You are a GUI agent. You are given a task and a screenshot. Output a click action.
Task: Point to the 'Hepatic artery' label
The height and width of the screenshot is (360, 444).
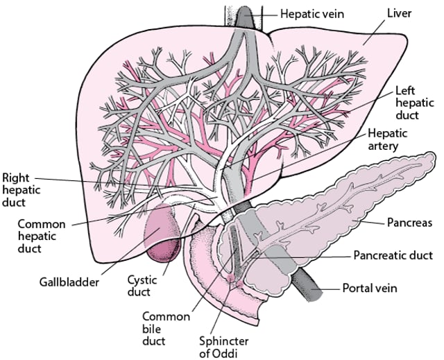click(x=388, y=139)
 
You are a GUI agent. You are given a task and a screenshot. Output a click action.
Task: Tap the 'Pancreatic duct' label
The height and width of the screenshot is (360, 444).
click(x=393, y=255)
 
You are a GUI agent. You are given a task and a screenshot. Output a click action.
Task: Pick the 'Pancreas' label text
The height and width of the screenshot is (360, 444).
click(x=409, y=223)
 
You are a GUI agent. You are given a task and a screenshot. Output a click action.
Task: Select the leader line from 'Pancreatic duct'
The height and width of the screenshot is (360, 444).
click(x=305, y=255)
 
